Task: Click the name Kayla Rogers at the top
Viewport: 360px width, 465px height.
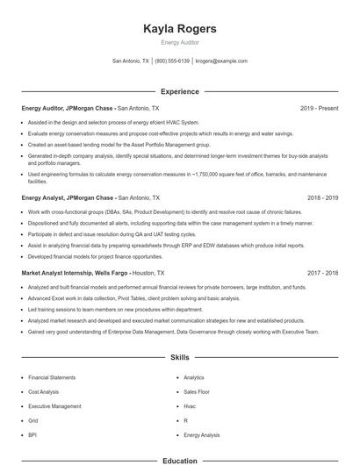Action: click(179, 29)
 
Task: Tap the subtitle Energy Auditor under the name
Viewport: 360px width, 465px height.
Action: click(179, 42)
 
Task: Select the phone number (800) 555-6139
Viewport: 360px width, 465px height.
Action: click(172, 61)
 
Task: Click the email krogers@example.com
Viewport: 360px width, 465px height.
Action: click(221, 61)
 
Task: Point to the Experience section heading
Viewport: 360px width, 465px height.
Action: click(179, 91)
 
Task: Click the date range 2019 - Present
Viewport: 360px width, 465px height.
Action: click(319, 108)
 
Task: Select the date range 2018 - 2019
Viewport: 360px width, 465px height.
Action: click(322, 198)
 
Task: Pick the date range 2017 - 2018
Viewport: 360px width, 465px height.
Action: click(322, 274)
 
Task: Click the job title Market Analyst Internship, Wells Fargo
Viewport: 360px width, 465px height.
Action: click(75, 274)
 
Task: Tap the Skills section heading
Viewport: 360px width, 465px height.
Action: click(179, 359)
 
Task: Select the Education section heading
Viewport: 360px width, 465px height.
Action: click(179, 461)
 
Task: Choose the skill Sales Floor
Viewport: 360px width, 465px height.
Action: click(197, 391)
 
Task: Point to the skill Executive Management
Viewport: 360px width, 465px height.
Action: click(54, 406)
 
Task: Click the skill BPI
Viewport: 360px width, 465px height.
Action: click(32, 434)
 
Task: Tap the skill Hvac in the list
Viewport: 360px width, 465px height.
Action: click(190, 406)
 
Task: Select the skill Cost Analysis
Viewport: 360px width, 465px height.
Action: click(44, 391)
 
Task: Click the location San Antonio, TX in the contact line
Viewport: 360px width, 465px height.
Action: click(131, 61)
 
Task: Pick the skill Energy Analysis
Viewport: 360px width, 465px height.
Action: click(202, 434)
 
